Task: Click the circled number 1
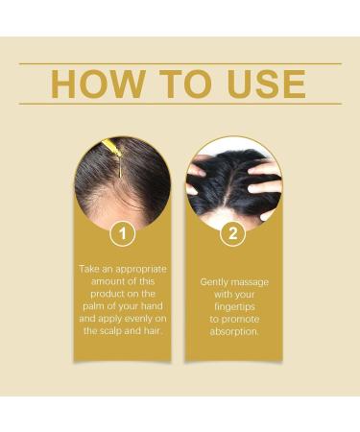tap(122, 233)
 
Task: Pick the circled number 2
tap(233, 233)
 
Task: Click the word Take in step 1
tap(89, 268)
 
